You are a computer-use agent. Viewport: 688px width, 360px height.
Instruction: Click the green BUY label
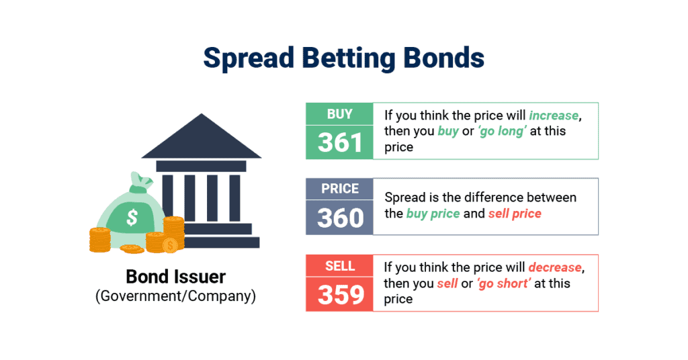(x=339, y=114)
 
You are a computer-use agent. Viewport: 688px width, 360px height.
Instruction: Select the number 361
(x=339, y=142)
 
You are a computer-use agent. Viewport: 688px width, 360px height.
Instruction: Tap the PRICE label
(x=339, y=189)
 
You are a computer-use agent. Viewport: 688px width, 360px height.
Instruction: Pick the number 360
(x=339, y=218)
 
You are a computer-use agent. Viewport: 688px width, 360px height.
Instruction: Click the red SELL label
(x=339, y=266)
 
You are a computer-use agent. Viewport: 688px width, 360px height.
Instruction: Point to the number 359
(x=339, y=294)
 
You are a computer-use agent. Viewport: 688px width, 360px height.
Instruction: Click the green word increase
(x=554, y=115)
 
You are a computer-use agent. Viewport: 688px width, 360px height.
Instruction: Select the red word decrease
(x=555, y=267)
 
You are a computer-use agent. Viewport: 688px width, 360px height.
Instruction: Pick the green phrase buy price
(x=433, y=214)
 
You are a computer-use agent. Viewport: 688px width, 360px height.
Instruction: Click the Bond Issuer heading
(x=176, y=276)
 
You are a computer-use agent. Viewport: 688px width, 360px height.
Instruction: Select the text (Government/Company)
(x=176, y=296)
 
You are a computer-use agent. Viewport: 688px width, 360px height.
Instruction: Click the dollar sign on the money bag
(x=132, y=217)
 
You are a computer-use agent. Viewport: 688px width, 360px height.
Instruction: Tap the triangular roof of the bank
(x=202, y=138)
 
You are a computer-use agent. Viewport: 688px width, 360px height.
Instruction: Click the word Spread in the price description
(x=404, y=197)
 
